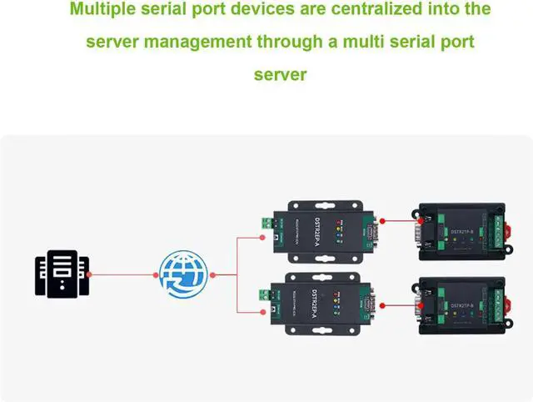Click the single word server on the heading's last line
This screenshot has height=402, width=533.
pyautogui.click(x=280, y=74)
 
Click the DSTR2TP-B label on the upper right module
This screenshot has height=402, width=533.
pyautogui.click(x=461, y=231)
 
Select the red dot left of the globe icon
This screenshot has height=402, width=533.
pyautogui.click(x=155, y=274)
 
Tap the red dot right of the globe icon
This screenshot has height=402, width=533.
pyautogui.click(x=214, y=274)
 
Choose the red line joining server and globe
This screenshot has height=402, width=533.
pyautogui.click(x=121, y=274)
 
